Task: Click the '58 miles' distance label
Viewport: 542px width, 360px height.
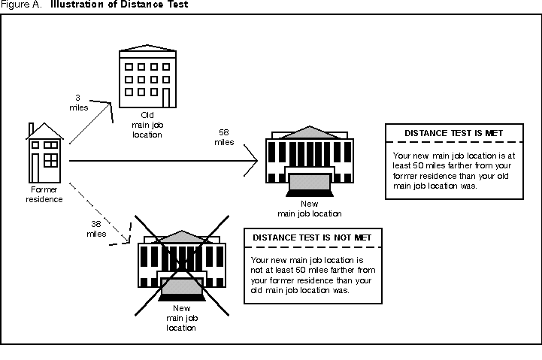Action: pos(223,138)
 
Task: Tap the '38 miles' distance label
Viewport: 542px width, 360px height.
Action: pos(95,228)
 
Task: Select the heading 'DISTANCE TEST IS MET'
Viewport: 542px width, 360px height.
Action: pos(453,133)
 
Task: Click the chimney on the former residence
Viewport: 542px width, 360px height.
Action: pos(31,131)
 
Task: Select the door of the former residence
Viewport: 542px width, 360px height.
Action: pos(37,167)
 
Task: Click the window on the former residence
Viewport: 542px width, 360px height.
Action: pos(51,160)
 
